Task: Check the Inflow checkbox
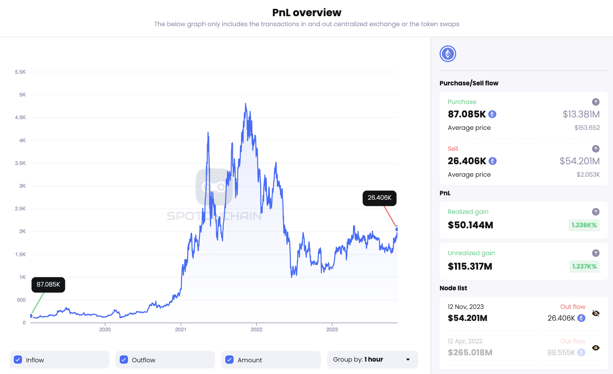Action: pyautogui.click(x=18, y=360)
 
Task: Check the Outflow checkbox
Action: pyautogui.click(x=124, y=360)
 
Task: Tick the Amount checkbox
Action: pyautogui.click(x=229, y=360)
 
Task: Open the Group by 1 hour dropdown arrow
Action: pyautogui.click(x=408, y=360)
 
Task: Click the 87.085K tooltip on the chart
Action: pyautogui.click(x=48, y=284)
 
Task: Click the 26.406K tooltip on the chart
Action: pyautogui.click(x=379, y=198)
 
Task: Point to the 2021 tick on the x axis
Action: pyautogui.click(x=181, y=330)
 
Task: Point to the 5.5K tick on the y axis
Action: pyautogui.click(x=20, y=72)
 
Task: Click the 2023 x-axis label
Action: pyautogui.click(x=332, y=330)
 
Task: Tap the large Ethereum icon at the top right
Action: pyautogui.click(x=448, y=54)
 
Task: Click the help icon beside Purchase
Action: pyautogui.click(x=596, y=102)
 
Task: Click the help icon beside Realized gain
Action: pyautogui.click(x=596, y=212)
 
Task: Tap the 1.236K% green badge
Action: pyautogui.click(x=584, y=225)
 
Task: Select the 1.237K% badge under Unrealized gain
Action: pyautogui.click(x=584, y=267)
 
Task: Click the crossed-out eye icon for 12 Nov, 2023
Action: pyautogui.click(x=596, y=313)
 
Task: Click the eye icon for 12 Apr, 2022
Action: pyautogui.click(x=596, y=348)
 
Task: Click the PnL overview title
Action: pyautogui.click(x=306, y=13)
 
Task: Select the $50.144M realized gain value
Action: pyautogui.click(x=470, y=225)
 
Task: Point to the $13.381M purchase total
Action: pyautogui.click(x=581, y=114)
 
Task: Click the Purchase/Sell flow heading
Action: pyautogui.click(x=469, y=83)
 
